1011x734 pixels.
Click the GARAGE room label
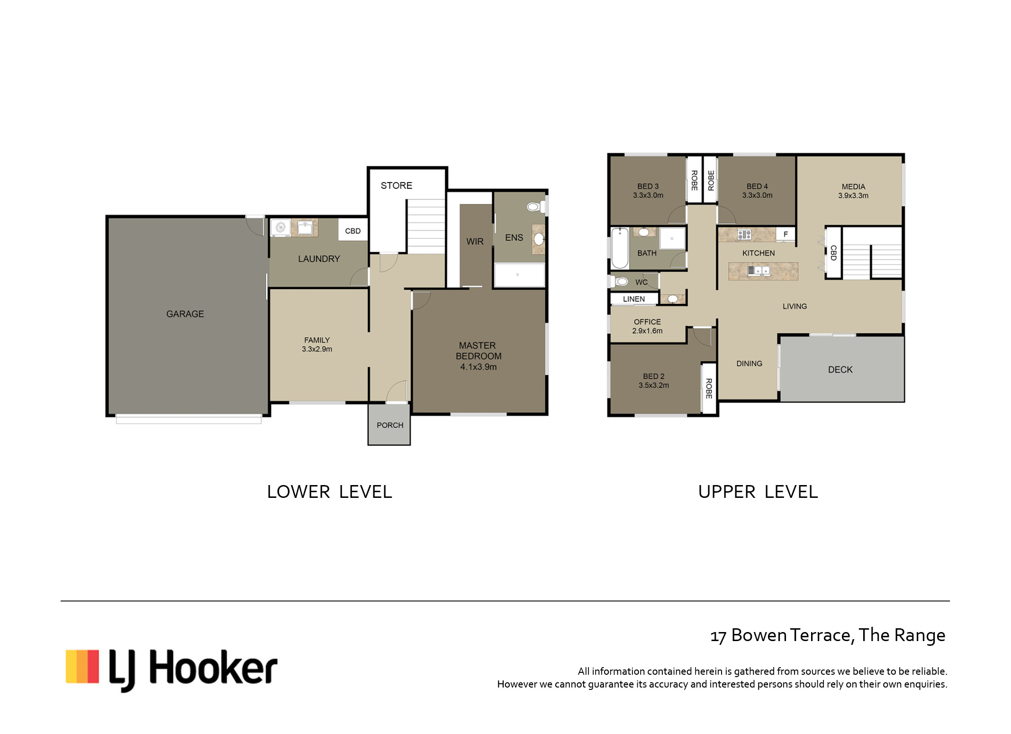tap(185, 314)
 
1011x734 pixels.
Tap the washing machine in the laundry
tap(280, 228)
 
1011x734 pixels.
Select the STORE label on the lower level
tap(396, 185)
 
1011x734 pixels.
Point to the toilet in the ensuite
tap(534, 207)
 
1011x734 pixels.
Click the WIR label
tap(475, 241)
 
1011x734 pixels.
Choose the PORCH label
tap(390, 425)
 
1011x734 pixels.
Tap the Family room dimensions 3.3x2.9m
tap(317, 349)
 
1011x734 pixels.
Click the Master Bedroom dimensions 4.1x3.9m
tap(478, 367)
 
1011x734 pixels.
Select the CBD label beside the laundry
tap(353, 231)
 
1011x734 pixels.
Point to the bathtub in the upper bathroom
tap(620, 248)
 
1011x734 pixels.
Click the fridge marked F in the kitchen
tap(785, 234)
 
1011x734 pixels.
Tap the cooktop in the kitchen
tap(744, 234)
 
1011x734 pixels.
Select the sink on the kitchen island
tap(758, 271)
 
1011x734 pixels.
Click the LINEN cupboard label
tap(634, 299)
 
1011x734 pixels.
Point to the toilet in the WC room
tap(620, 282)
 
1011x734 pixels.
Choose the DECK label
tap(840, 370)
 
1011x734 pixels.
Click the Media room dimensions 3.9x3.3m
tap(853, 195)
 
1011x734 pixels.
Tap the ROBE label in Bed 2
tap(709, 388)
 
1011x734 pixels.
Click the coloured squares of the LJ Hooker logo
tap(82, 667)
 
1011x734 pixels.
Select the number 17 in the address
tap(718, 636)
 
